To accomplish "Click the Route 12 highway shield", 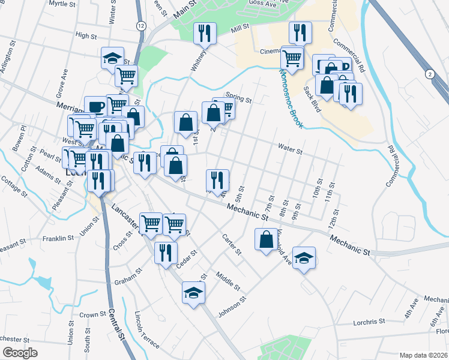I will pos(140,26).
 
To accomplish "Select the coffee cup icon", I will pos(95,107).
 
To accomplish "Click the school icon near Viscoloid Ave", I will pos(304,257).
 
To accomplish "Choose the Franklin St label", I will pos(58,238).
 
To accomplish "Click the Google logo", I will pos(20,353).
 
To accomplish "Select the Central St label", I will pos(116,325).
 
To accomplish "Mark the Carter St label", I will pos(231,244).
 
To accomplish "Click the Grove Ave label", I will pos(62,83).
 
